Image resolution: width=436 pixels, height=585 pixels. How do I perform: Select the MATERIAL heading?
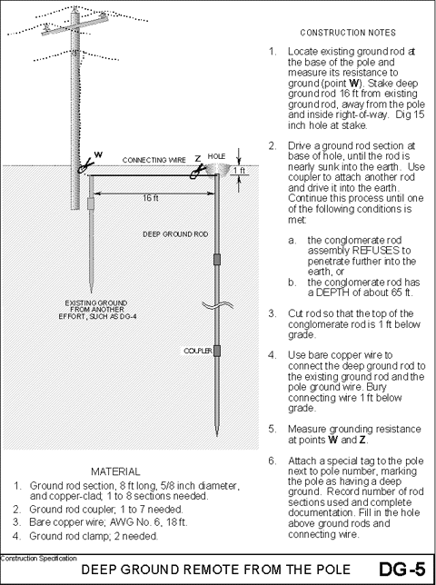pos(116,472)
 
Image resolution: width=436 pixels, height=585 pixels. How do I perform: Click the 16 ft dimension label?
pos(145,197)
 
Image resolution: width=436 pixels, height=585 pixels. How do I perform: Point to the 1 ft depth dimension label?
pos(240,170)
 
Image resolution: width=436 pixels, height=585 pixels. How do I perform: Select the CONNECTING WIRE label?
pos(151,158)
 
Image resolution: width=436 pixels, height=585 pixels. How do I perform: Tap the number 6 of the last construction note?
pos(272,461)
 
